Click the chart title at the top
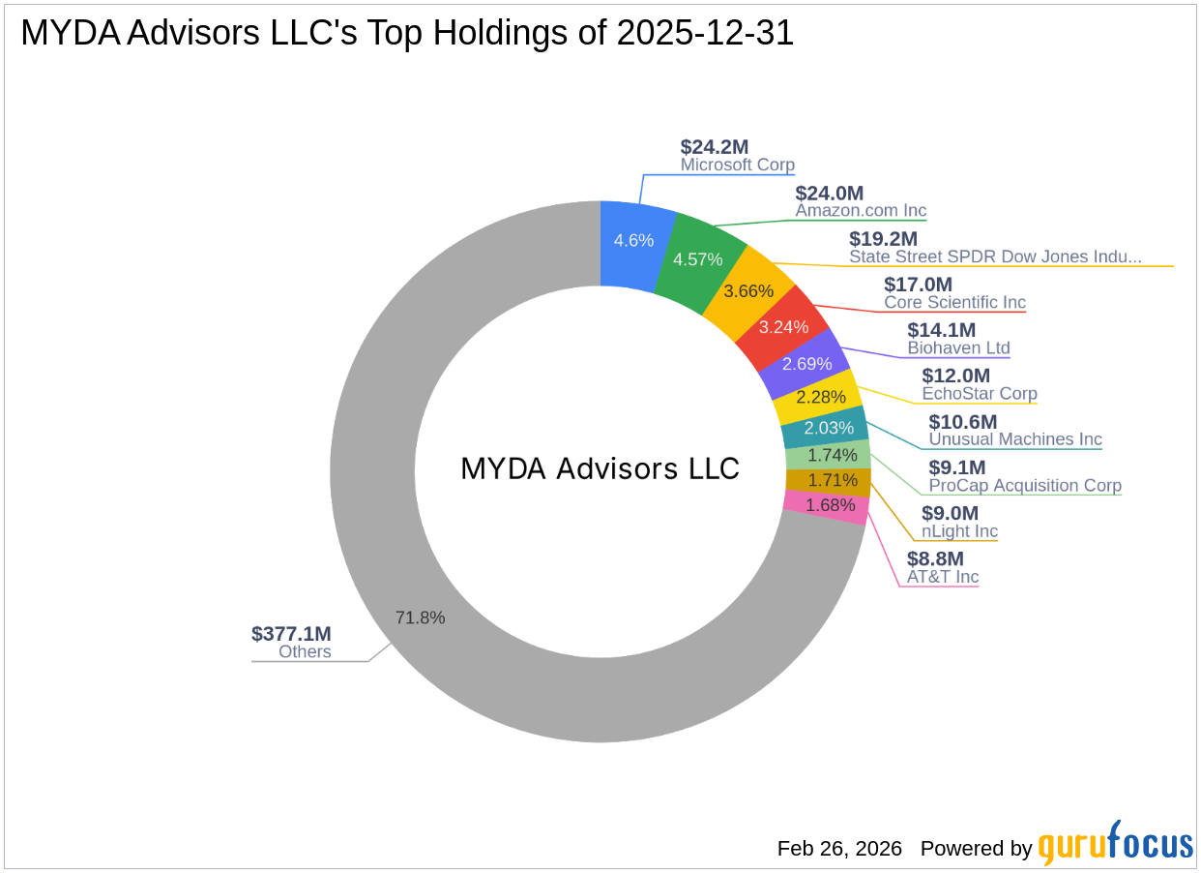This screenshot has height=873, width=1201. [x=407, y=34]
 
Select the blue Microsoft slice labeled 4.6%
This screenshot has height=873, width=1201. [x=634, y=241]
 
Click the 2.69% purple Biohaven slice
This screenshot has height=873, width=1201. [x=806, y=363]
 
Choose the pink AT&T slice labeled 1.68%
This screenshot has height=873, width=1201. [x=830, y=505]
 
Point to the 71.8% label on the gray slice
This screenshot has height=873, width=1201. [x=420, y=617]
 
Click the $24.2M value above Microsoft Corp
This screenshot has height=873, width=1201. [x=714, y=147]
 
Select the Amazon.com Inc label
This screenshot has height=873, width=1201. [x=861, y=210]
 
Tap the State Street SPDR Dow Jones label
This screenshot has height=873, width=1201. [x=995, y=256]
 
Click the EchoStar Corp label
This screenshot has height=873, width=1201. [x=979, y=394]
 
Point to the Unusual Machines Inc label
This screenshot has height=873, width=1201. [x=1015, y=439]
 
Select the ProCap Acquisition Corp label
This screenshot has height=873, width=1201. [x=1025, y=485]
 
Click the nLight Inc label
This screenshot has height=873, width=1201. [x=959, y=531]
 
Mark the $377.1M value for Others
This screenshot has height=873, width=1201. [x=291, y=634]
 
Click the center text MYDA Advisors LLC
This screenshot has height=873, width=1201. [x=600, y=469]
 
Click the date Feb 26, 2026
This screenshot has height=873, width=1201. [x=839, y=849]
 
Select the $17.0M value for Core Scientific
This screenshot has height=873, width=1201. [x=918, y=285]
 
